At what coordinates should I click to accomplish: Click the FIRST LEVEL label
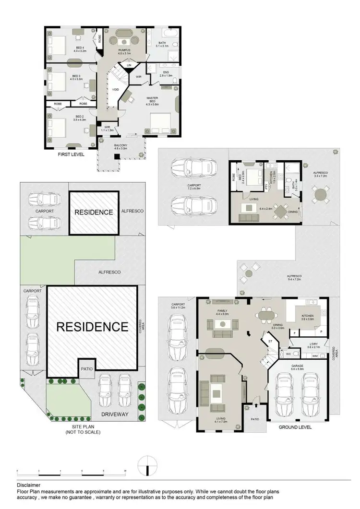tap(71, 155)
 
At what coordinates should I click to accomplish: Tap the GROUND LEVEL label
tap(295, 426)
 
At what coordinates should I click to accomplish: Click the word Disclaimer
tap(28, 485)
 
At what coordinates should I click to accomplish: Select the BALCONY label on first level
tap(120, 147)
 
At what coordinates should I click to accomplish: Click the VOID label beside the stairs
tap(115, 89)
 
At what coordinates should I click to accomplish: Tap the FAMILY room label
tap(222, 311)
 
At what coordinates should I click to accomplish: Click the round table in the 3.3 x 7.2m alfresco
tap(320, 195)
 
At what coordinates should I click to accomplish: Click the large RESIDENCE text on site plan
tap(92, 327)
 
